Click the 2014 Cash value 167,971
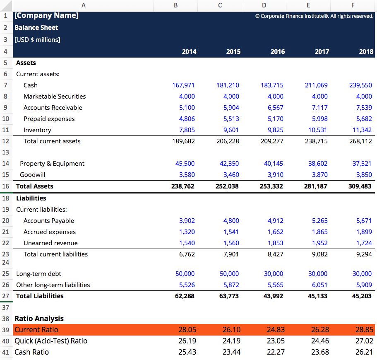click(183, 85)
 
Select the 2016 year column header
click(277, 52)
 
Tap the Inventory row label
click(37, 130)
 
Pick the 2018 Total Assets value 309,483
click(360, 186)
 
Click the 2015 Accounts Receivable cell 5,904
click(231, 108)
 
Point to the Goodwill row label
click(32, 175)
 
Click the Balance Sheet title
click(36, 28)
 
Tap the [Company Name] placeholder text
click(46, 16)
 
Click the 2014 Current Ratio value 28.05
click(187, 330)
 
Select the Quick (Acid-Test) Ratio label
click(51, 341)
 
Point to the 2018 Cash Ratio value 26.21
click(364, 352)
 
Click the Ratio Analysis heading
click(39, 319)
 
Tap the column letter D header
click(264, 5)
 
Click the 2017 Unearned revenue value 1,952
click(319, 243)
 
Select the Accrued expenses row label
click(50, 232)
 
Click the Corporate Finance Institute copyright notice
click(314, 16)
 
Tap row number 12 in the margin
click(6, 141)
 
